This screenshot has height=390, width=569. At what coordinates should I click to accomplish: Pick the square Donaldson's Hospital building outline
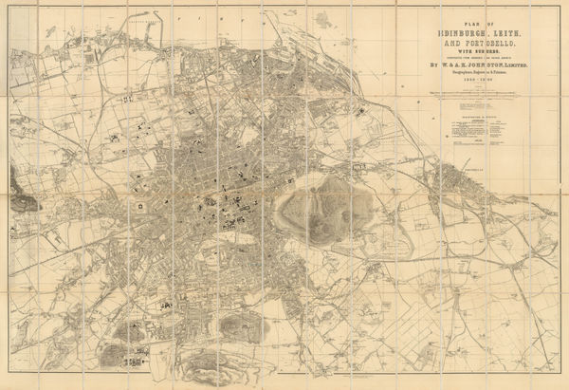tap(140, 205)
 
